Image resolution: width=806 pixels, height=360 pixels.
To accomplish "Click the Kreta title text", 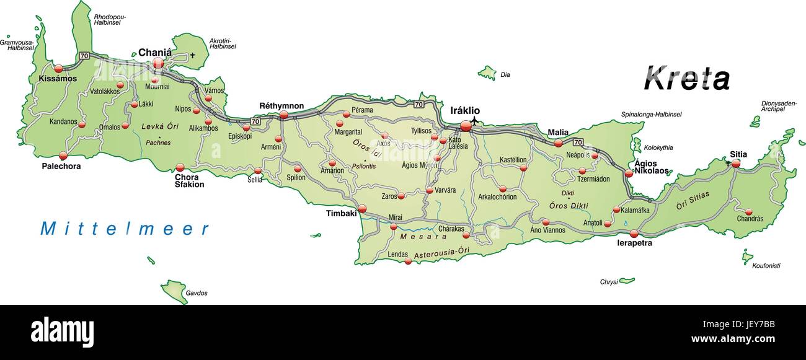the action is [x=686, y=79].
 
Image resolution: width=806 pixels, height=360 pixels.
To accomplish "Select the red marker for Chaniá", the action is [x=158, y=63].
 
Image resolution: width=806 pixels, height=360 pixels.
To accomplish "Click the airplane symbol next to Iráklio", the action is [x=475, y=120].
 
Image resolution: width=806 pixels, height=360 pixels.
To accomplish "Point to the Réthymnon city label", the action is [x=281, y=106].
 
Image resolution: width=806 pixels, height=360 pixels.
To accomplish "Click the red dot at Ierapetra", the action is [x=634, y=234].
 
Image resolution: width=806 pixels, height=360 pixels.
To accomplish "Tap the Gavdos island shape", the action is [x=175, y=291].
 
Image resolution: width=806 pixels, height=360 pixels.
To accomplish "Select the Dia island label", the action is [x=505, y=75].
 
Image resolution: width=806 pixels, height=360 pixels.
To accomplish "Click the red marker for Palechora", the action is [x=63, y=156].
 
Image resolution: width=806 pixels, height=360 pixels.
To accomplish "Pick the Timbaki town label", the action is [x=342, y=213].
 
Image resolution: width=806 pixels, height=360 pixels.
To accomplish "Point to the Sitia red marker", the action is [x=736, y=164].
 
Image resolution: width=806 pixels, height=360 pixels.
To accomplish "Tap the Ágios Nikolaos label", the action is [x=651, y=167].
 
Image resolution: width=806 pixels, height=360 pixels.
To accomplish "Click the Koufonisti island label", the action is [x=766, y=266].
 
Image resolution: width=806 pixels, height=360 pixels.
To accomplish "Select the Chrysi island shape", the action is [x=627, y=280].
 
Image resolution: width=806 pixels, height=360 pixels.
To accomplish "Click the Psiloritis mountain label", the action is [x=363, y=166].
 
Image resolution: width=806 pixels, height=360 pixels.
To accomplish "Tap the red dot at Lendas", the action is [x=408, y=261].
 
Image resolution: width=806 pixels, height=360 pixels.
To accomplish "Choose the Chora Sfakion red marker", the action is [x=180, y=167].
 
